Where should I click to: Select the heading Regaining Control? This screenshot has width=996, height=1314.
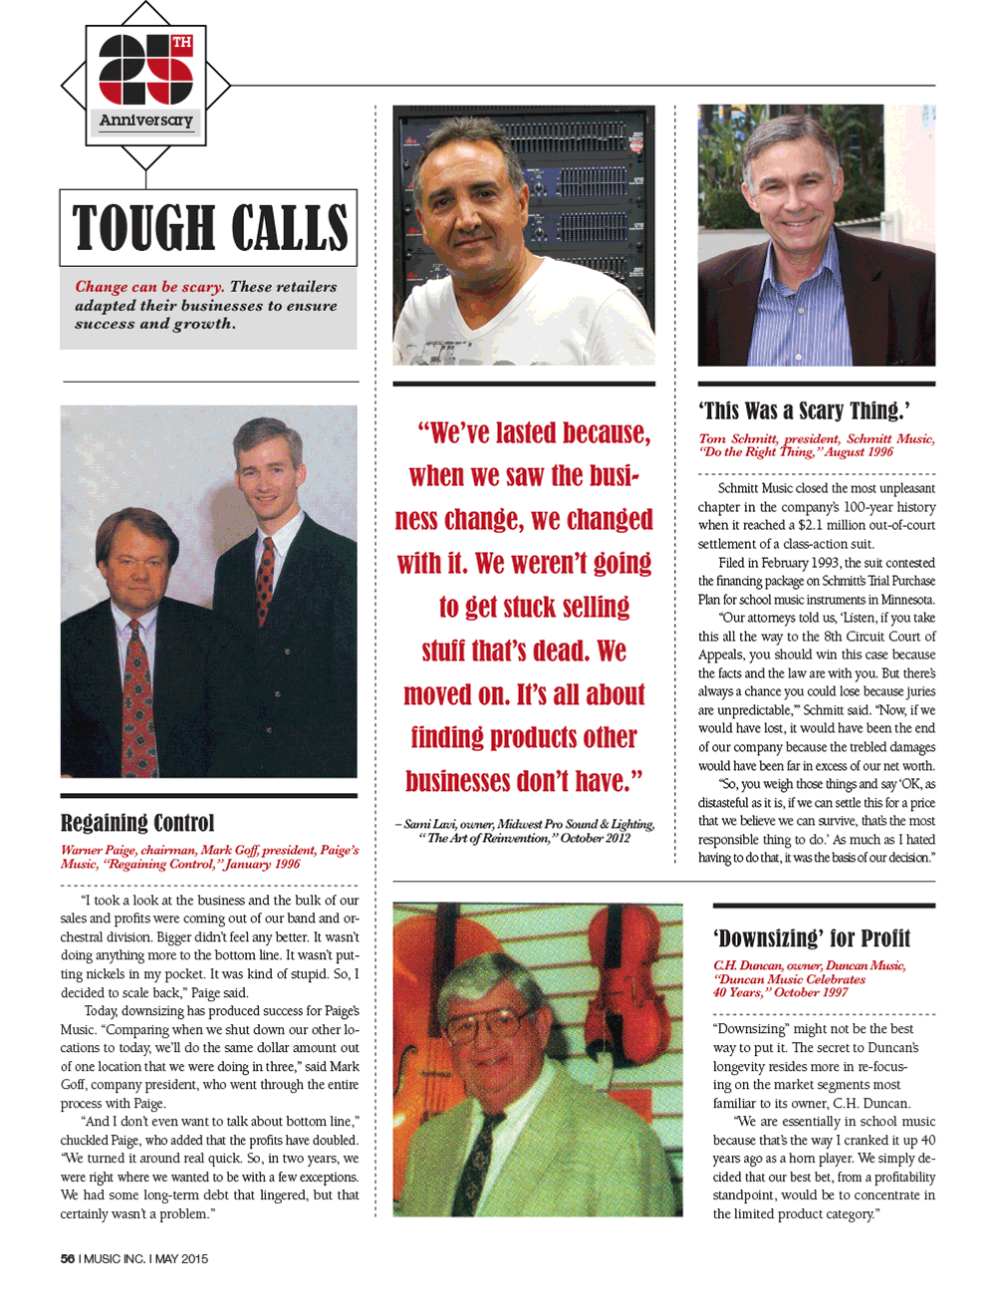tap(137, 823)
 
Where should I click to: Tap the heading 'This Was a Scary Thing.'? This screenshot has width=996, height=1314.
tap(804, 410)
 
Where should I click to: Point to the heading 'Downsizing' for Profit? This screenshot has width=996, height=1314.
tap(812, 938)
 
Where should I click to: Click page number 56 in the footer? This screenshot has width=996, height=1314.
tap(68, 1258)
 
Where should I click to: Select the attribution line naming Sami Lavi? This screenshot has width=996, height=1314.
tap(525, 831)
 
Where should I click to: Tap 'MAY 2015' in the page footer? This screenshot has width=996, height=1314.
tap(181, 1258)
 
